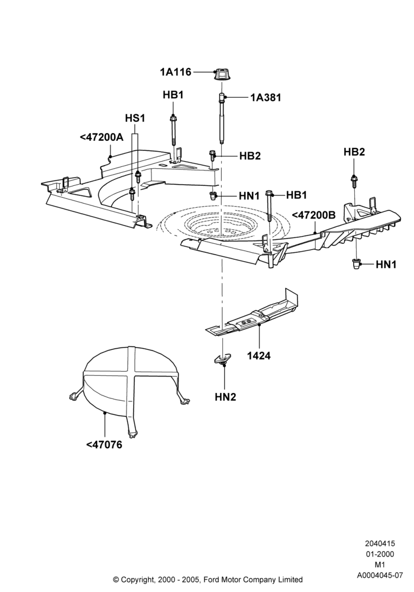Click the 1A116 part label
click(176, 72)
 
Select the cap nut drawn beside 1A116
click(222, 74)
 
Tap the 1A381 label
click(266, 98)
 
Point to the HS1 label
click(135, 118)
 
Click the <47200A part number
click(101, 137)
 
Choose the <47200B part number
click(313, 215)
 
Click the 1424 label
click(258, 356)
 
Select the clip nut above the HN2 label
click(222, 359)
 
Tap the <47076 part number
click(104, 445)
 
